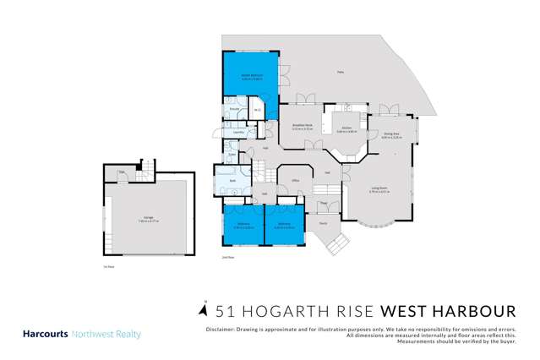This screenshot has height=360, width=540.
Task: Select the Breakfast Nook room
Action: pyautogui.click(x=303, y=128)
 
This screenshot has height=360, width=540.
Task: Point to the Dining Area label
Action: pyautogui.click(x=390, y=134)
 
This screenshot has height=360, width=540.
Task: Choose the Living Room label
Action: pyautogui.click(x=378, y=191)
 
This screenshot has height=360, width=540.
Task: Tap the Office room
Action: pyautogui.click(x=296, y=180)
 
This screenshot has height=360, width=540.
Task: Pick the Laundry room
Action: pyautogui.click(x=239, y=132)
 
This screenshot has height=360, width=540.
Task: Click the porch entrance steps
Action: pyautogui.click(x=339, y=246)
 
